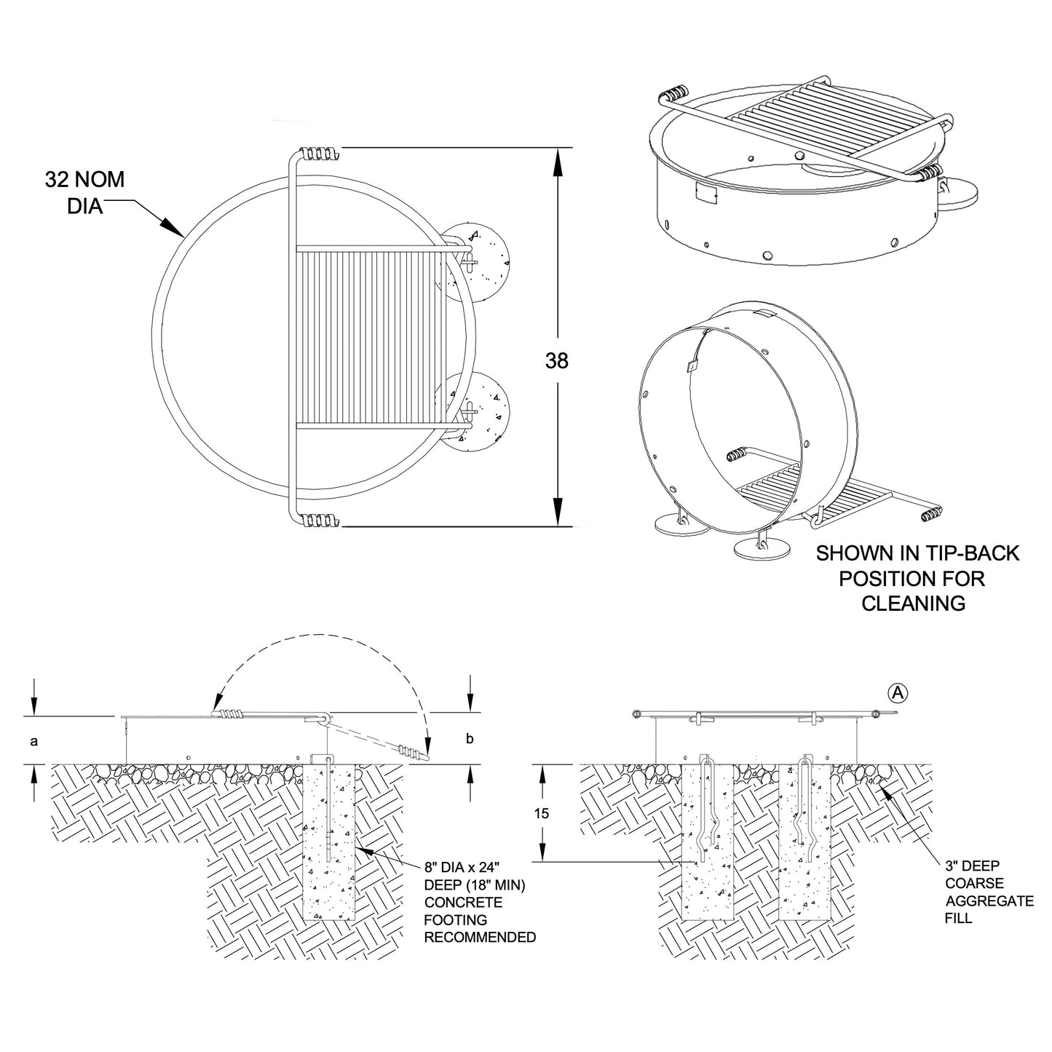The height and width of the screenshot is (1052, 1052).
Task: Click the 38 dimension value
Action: (556, 360)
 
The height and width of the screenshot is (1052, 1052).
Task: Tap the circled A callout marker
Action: (898, 693)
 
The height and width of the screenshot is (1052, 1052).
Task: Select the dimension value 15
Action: (542, 813)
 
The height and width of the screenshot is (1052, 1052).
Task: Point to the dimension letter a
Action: (33, 740)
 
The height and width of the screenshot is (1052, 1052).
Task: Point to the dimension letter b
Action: (470, 739)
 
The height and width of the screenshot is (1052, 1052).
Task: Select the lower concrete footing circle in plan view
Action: (476, 412)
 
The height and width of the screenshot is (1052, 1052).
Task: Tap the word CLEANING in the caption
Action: (913, 604)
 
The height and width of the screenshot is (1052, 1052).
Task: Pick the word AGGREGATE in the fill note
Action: (989, 901)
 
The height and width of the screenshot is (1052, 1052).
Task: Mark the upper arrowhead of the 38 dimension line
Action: (558, 162)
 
